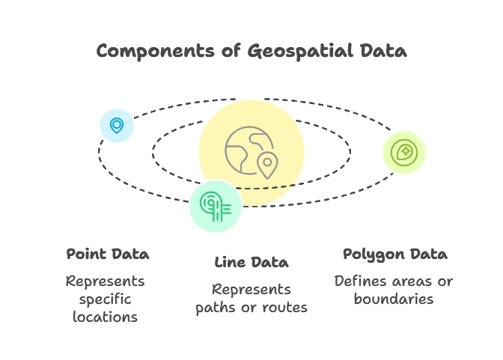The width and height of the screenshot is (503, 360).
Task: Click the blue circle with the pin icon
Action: tap(117, 125)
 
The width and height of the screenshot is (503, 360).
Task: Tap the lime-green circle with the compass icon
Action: tap(404, 153)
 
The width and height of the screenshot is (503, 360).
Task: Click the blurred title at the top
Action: tap(251, 52)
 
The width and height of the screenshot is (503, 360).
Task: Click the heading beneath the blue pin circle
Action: tap(107, 254)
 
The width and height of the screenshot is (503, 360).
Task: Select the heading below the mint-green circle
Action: tap(251, 263)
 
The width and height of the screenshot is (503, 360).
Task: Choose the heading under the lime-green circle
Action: tap(394, 254)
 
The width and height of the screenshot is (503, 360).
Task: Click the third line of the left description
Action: tap(105, 316)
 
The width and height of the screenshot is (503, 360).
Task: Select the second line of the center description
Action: tap(251, 308)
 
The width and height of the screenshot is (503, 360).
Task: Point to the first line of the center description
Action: tap(251, 289)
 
